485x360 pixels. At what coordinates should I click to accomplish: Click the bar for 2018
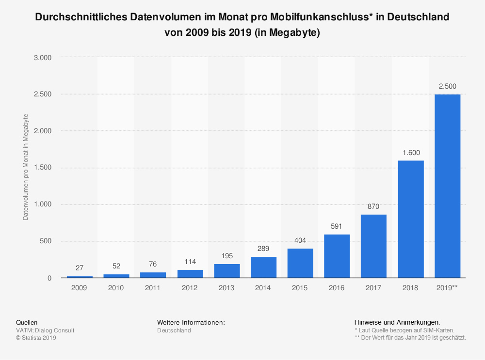411,219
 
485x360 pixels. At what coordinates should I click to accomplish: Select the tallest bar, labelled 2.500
447,186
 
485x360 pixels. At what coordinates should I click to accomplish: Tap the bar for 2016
337,256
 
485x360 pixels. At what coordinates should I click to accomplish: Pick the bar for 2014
263,267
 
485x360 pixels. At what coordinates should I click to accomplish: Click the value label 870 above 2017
373,206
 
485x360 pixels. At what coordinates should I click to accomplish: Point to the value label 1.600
411,152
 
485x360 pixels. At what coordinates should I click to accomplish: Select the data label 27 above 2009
80,267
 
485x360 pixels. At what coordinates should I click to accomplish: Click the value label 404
300,240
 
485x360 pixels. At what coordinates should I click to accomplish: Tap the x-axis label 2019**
447,288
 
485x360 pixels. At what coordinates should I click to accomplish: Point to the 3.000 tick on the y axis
43,58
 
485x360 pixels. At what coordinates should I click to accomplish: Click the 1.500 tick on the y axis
43,168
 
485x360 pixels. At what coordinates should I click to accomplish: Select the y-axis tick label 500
46,241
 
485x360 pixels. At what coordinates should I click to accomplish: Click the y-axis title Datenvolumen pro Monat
26,167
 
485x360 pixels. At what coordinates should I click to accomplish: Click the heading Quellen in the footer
27,322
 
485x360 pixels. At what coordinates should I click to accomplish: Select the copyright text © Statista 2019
36,338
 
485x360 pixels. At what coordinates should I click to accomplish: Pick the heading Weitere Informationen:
191,322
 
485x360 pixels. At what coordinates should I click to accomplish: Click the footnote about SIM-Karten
404,330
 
